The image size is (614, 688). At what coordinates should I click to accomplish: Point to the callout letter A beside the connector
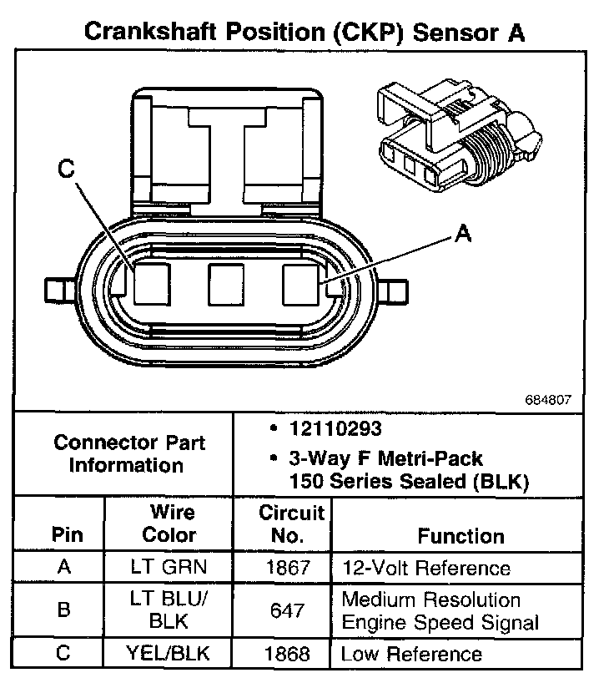463,234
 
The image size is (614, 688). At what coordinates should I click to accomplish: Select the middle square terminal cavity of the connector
226,284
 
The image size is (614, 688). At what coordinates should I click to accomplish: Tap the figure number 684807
548,400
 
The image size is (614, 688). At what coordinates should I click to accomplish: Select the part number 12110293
335,429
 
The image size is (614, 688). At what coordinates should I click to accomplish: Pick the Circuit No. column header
282,524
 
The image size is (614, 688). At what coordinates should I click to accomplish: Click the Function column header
460,536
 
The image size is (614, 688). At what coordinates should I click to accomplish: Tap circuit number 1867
282,568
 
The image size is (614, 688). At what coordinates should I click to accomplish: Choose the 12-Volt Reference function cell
425,568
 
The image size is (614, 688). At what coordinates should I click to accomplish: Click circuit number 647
282,610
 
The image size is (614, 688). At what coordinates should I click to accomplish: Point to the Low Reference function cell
411,654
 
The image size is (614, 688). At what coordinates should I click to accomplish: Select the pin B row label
63,610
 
